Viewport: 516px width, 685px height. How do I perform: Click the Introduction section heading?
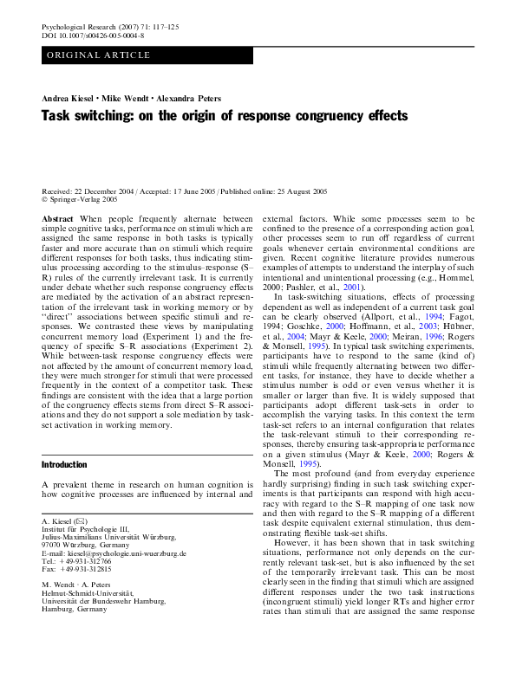click(64, 465)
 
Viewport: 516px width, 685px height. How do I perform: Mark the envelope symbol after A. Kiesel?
click(81, 521)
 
